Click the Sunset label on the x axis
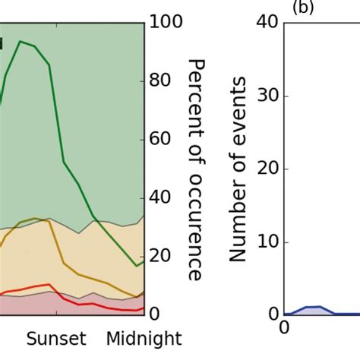click(57, 338)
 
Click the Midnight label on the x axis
click(144, 338)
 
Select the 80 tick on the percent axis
click(162, 81)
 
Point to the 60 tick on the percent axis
click(162, 139)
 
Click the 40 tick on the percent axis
click(162, 197)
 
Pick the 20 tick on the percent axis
click(162, 256)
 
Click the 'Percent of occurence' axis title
click(195, 169)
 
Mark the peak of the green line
click(21, 41)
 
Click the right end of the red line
click(143, 310)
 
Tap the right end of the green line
click(143, 262)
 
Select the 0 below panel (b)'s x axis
click(285, 328)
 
